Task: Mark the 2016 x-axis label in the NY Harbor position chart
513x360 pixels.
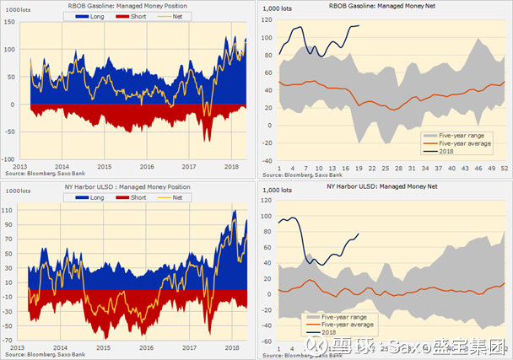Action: pos(148,347)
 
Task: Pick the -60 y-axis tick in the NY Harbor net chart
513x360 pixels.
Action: pos(265,341)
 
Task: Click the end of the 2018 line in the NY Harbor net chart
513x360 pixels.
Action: pos(359,234)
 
